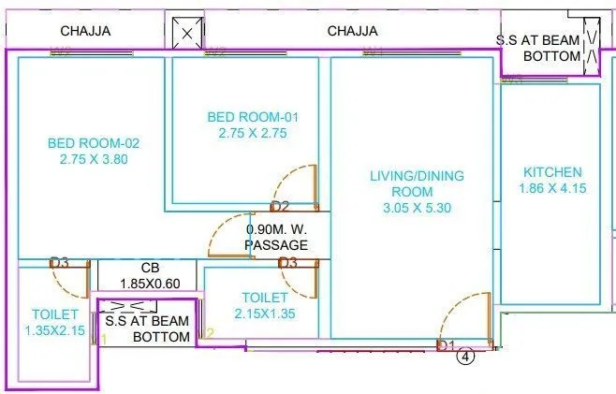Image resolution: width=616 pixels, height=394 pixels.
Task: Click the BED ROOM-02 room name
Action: [93, 143]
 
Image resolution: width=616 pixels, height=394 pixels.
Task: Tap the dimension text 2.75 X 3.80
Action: [93, 159]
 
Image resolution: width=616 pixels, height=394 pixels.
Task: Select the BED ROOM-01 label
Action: [253, 117]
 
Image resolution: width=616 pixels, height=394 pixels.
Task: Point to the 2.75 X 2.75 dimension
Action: [253, 133]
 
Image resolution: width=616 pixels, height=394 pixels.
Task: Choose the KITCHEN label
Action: [552, 172]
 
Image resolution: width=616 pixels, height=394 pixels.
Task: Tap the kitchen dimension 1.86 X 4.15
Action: [552, 189]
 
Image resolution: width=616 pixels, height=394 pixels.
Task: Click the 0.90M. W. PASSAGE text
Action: [276, 237]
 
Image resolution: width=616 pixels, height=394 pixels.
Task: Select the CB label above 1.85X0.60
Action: [151, 269]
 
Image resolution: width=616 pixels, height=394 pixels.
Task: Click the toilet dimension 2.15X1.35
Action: [264, 314]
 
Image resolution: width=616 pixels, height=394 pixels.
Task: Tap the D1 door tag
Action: [446, 346]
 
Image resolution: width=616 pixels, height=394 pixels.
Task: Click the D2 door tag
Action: [281, 207]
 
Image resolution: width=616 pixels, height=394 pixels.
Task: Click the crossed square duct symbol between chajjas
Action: [188, 34]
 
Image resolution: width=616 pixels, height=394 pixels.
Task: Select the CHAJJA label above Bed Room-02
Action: [85, 31]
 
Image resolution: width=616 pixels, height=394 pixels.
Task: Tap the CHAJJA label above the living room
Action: [352, 31]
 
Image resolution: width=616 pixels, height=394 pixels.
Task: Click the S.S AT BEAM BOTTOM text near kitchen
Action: [538, 49]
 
